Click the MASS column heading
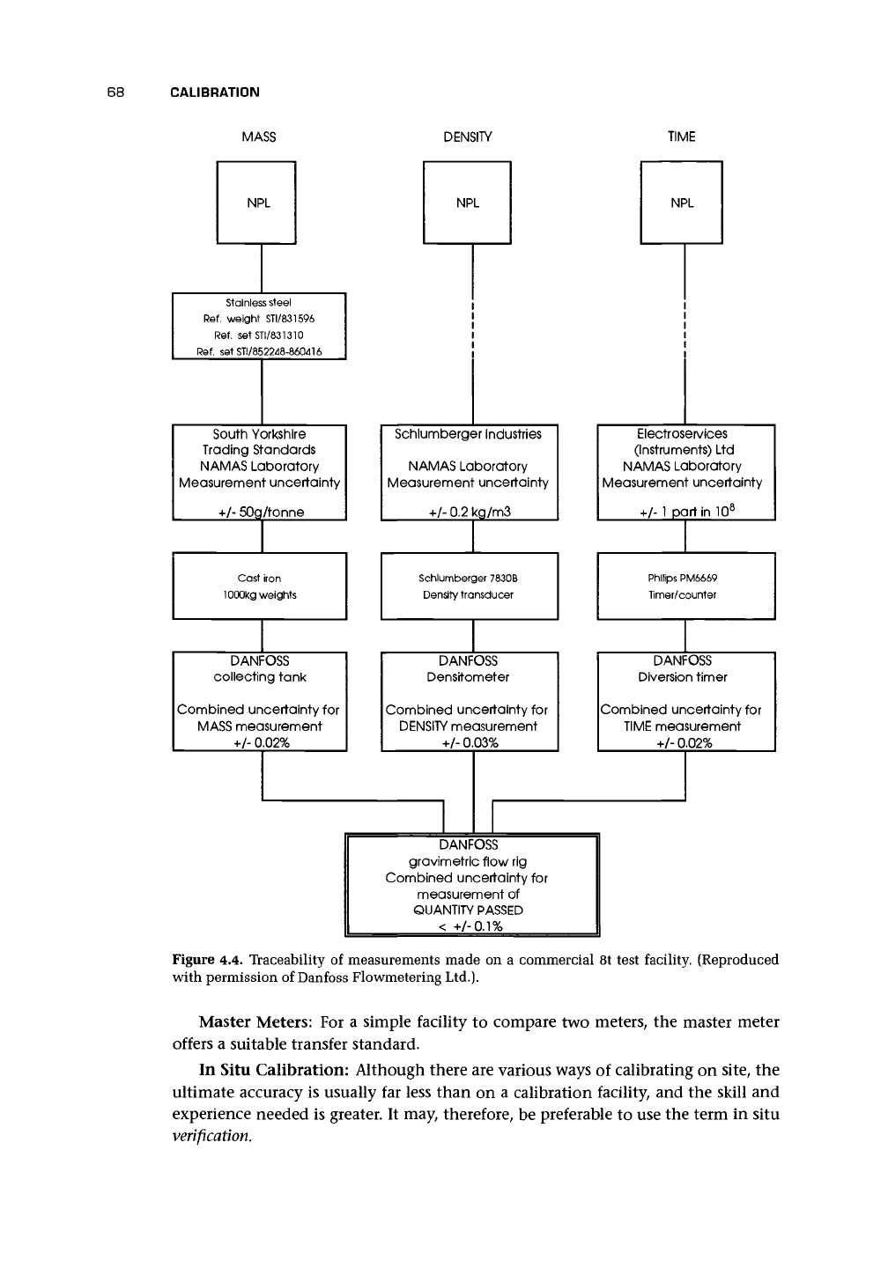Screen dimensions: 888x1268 tap(259, 137)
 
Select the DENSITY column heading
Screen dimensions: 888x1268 tap(467, 137)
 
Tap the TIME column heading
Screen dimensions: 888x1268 tap(681, 136)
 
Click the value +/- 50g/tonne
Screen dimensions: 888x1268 tap(261, 512)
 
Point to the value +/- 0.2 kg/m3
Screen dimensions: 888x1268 tap(470, 512)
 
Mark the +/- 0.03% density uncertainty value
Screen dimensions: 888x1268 tap(470, 742)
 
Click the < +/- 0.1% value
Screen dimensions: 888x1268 tap(470, 926)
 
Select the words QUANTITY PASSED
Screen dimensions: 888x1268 tap(469, 910)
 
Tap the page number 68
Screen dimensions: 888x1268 tap(115, 92)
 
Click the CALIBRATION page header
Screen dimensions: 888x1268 tap(215, 92)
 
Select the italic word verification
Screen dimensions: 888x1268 tap(211, 1136)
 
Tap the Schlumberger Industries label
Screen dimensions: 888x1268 tap(468, 434)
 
